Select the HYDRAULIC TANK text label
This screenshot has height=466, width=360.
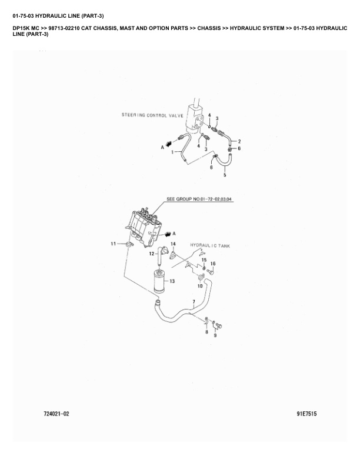coord(209,245)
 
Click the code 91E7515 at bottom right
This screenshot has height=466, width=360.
coord(306,414)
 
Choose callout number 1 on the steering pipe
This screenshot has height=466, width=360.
coord(173,152)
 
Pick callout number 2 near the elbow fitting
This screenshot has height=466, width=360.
coord(239,142)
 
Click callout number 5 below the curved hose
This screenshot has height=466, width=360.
coord(225,175)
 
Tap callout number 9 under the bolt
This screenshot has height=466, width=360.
coord(215,335)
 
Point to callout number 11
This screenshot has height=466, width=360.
coord(114,244)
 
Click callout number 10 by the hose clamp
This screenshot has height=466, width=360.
coord(200,285)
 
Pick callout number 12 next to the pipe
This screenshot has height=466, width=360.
coord(151,254)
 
